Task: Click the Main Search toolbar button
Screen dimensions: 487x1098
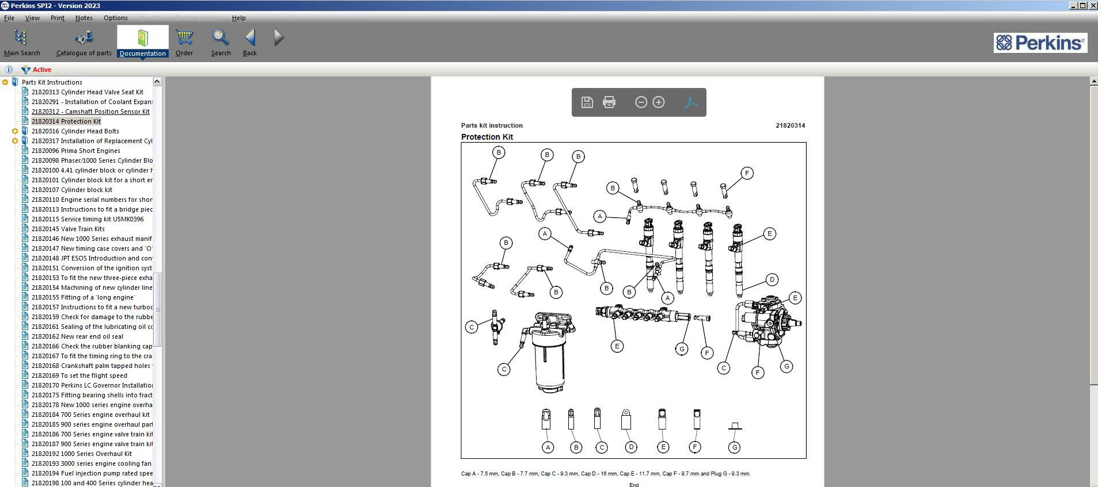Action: tap(21, 42)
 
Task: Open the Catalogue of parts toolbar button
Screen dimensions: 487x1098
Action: tap(84, 42)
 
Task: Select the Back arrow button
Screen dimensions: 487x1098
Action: tap(250, 42)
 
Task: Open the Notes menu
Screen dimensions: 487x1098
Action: tap(83, 18)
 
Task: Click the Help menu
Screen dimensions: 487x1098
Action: tap(238, 18)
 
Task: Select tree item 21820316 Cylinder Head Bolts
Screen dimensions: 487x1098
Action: tap(75, 131)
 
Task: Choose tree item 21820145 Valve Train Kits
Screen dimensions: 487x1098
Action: tap(68, 229)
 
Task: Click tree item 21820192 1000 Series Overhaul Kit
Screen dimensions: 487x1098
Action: tap(81, 454)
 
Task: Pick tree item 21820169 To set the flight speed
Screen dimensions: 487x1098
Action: tap(79, 375)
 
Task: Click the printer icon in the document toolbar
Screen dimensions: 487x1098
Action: tap(609, 102)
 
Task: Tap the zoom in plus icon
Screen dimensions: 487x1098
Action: tap(659, 102)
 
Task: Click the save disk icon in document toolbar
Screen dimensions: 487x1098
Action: tap(587, 102)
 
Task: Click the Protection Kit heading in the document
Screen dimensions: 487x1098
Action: tap(487, 137)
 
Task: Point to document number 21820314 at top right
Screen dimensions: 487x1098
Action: tap(790, 125)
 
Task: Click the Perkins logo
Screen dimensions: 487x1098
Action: tap(1040, 43)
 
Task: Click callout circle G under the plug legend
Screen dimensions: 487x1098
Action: tap(734, 447)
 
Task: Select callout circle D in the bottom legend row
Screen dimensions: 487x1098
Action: tap(631, 447)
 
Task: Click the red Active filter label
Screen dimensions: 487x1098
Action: tap(41, 70)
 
